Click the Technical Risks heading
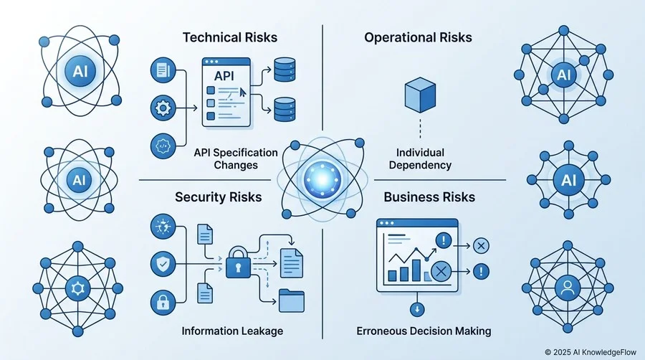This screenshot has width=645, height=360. point(230,37)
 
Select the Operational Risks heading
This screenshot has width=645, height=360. point(418,37)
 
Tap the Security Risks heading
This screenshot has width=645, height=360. point(219,197)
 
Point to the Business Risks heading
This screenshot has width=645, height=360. point(429,197)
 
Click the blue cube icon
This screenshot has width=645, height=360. point(420,95)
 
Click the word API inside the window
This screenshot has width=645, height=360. point(224,76)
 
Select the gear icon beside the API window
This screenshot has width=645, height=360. point(163,108)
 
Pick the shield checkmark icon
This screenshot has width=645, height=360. point(163,264)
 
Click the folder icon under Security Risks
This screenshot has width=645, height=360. point(292,300)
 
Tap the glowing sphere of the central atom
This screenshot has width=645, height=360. point(322,179)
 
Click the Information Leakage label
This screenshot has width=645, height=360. point(232,331)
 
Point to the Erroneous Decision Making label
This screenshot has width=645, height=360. point(424,331)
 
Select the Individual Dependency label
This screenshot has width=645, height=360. point(420,158)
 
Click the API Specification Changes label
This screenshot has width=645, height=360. point(236,158)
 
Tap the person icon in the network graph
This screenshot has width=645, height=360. point(568,288)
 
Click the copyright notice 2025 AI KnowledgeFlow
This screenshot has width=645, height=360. point(591,352)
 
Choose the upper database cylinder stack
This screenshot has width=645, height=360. point(285,70)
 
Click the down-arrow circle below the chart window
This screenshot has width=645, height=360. point(417,309)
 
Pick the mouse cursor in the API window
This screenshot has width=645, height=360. point(243,92)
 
